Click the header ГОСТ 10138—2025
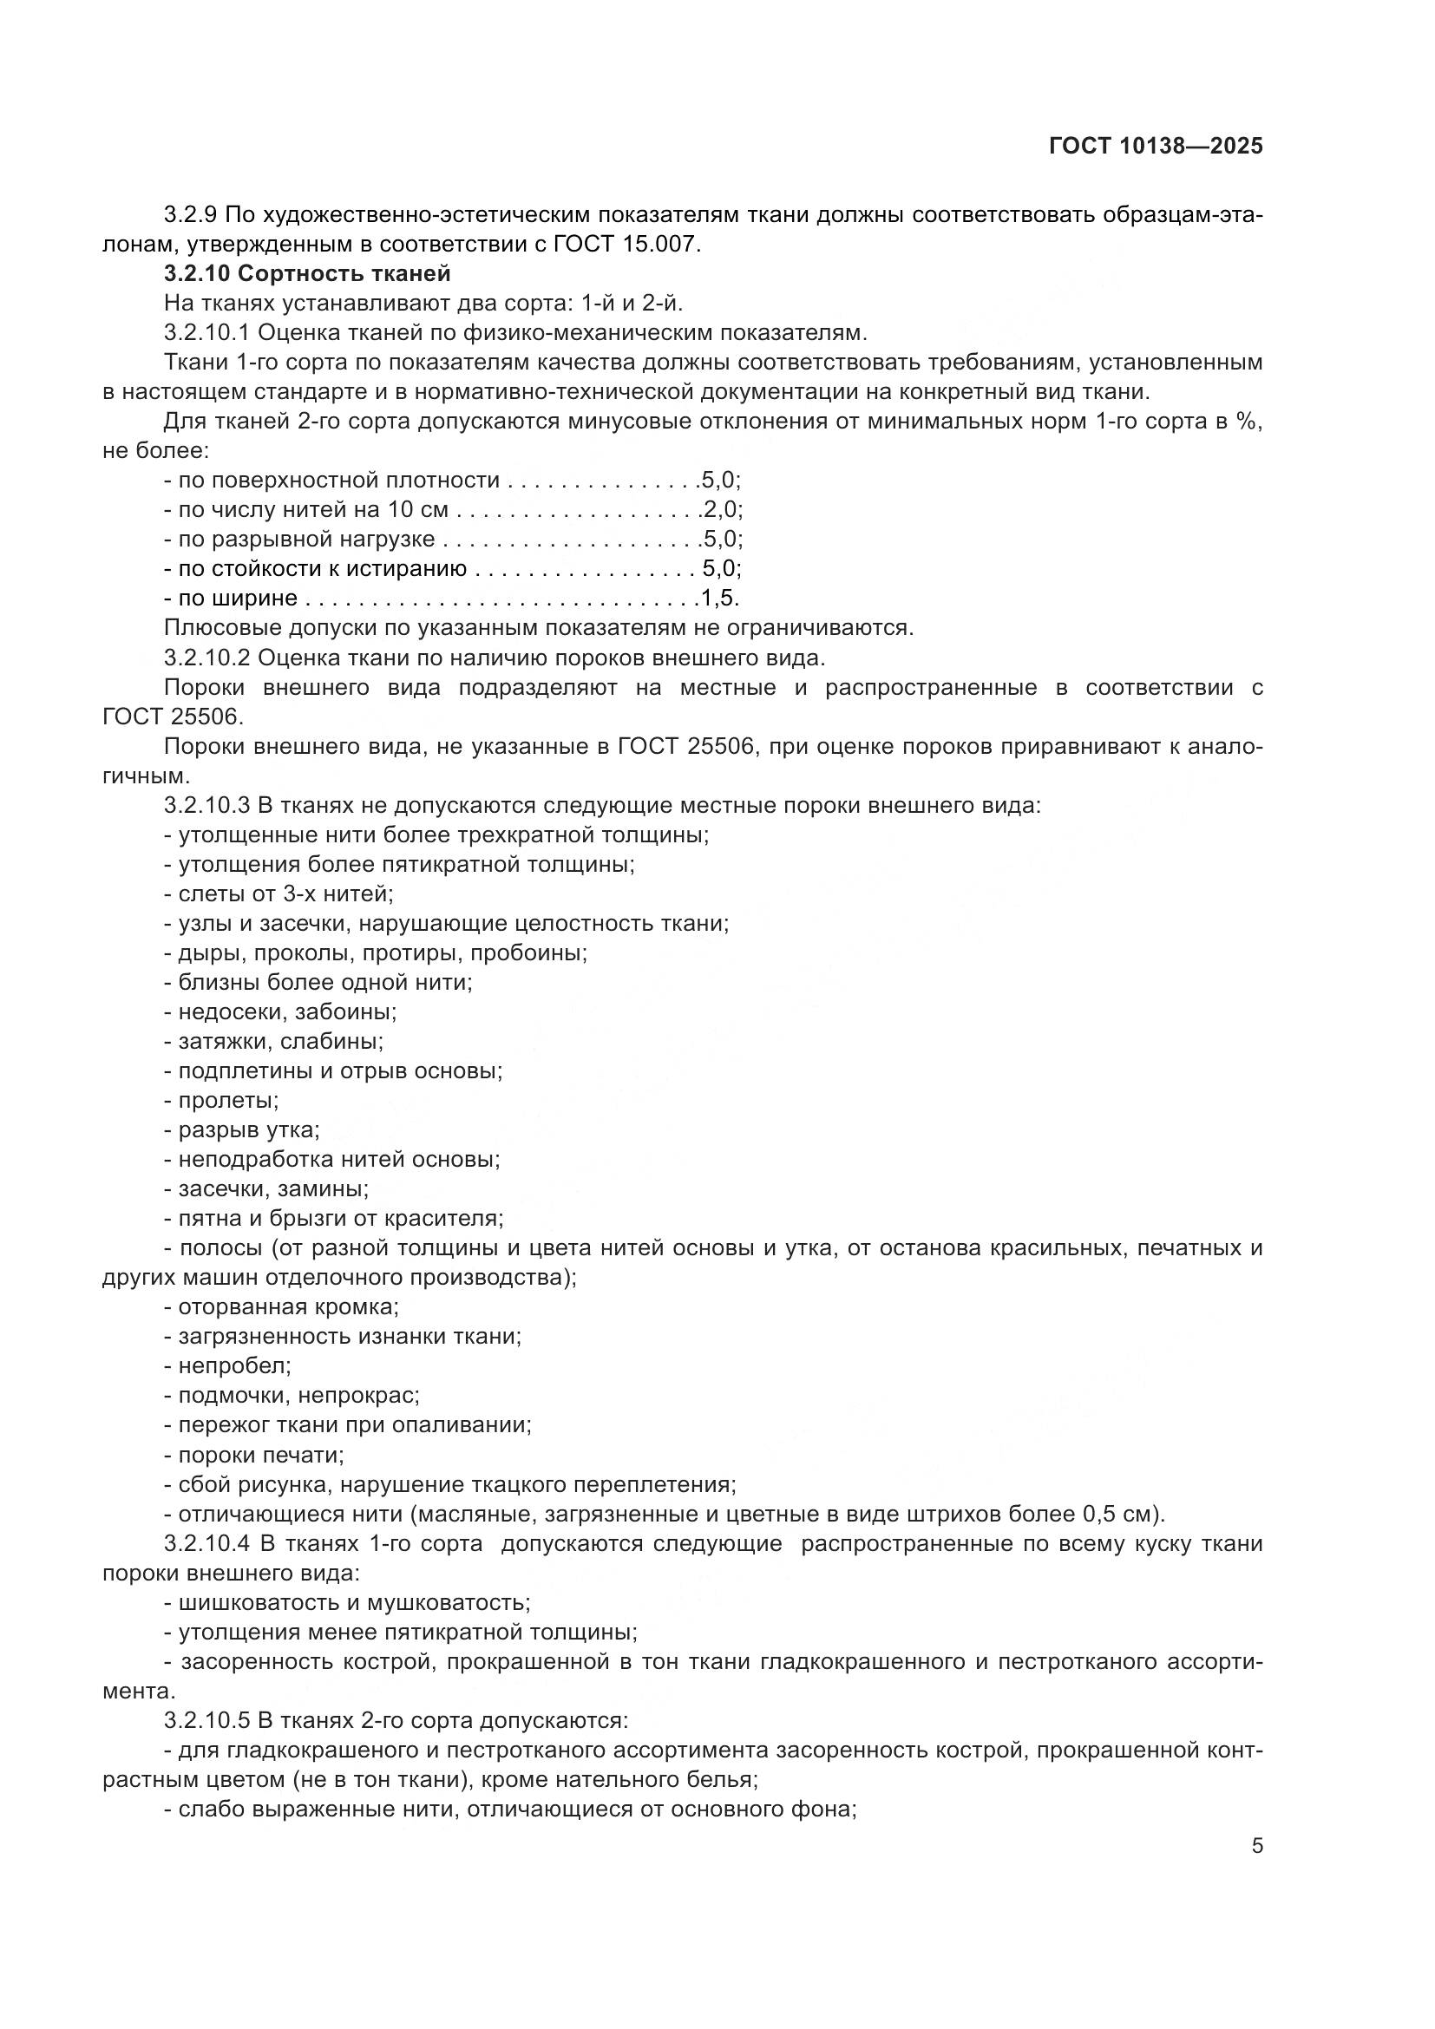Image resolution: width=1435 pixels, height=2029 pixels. click(x=1156, y=147)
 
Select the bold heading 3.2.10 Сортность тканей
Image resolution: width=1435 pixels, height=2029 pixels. click(x=307, y=274)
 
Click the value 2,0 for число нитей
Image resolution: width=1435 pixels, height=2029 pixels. click(x=721, y=510)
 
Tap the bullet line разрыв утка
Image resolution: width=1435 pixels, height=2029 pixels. click(x=242, y=1130)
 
